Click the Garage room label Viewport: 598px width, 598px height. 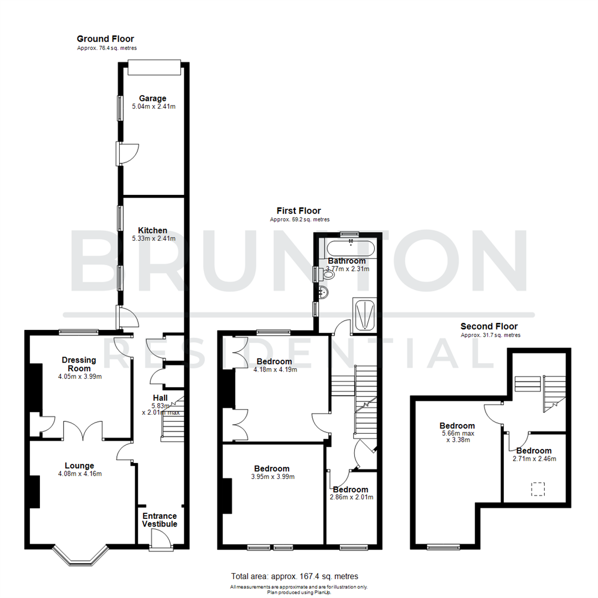click(x=152, y=99)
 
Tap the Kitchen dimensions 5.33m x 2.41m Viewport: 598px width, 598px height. click(x=152, y=239)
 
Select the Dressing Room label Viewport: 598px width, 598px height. click(x=79, y=364)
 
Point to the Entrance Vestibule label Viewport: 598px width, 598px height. click(x=159, y=520)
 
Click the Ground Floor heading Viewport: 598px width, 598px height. click(x=105, y=39)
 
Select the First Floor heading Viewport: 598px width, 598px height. click(x=298, y=210)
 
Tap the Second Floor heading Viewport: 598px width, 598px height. click(x=490, y=327)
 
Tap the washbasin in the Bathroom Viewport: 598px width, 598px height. click(x=324, y=292)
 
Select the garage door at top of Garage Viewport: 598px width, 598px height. click(x=153, y=68)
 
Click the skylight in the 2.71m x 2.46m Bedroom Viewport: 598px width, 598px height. click(x=537, y=489)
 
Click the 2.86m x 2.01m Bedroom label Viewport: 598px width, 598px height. click(x=350, y=489)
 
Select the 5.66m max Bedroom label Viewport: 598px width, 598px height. click(x=457, y=425)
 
